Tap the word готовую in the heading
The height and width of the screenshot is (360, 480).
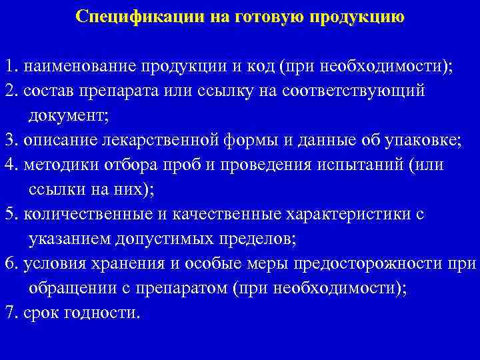pos(263,15)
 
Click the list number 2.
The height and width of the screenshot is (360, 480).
pos(9,91)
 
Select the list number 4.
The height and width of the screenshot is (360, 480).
pos(9,165)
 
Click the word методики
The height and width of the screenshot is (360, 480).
pos(58,165)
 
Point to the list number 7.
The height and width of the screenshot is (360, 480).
pos(9,311)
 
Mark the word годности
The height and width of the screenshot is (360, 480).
pos(107,312)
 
